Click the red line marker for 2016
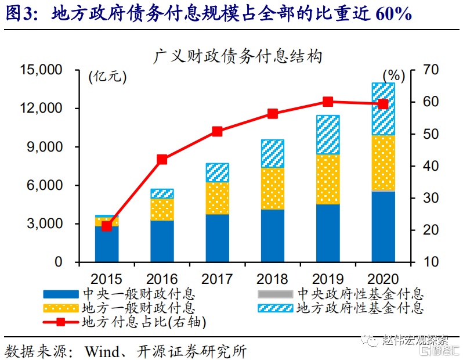pos(162,160)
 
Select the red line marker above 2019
pos(328,102)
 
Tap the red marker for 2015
pos(107,226)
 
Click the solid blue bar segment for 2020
pos(383,226)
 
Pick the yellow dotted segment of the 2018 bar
pos(273,189)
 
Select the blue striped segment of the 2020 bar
pos(383,109)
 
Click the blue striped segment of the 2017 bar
pos(218,172)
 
